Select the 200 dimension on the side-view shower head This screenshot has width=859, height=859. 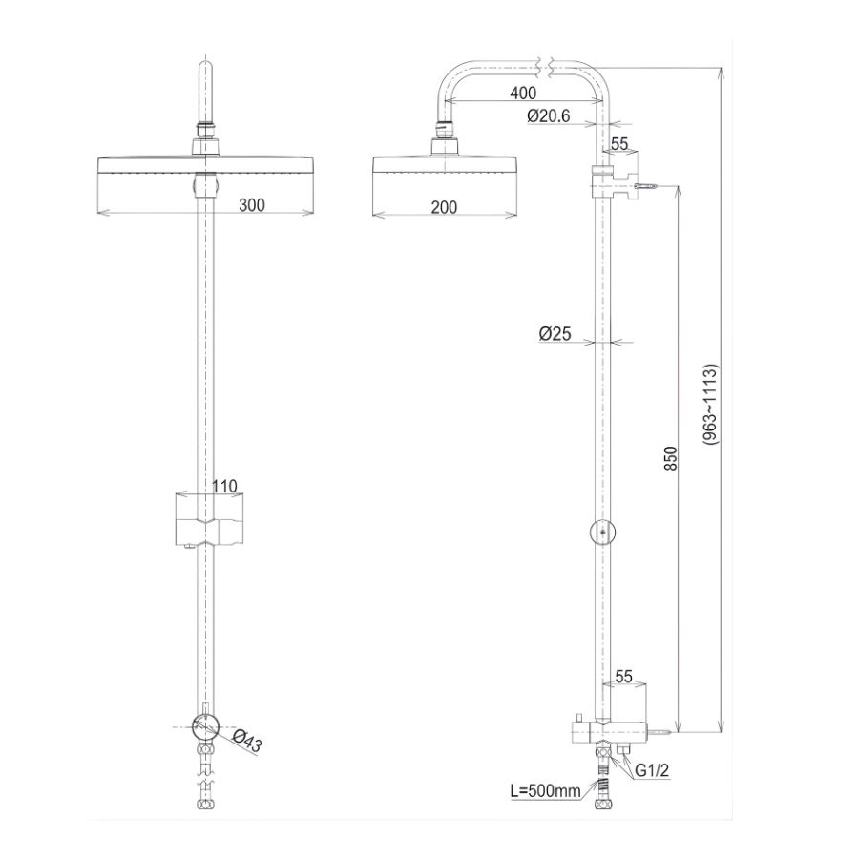click(x=443, y=207)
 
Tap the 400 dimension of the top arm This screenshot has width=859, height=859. click(x=522, y=94)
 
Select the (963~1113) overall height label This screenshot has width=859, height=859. click(x=711, y=405)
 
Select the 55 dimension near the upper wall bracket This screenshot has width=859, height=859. click(x=618, y=144)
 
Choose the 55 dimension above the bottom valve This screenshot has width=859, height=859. click(x=624, y=677)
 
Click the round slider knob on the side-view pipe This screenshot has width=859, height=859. click(x=600, y=532)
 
